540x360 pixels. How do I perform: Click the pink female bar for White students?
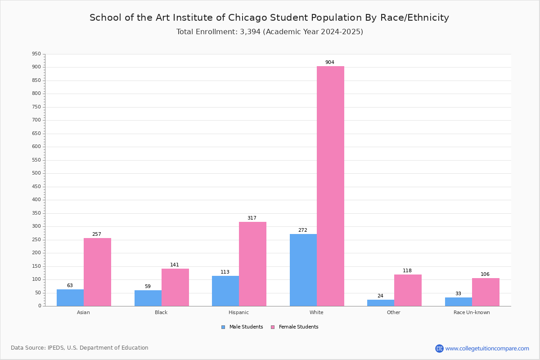click(330, 186)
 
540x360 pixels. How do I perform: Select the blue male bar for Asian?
click(70, 298)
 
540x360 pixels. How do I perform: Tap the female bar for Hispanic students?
click(252, 264)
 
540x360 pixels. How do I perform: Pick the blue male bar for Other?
click(381, 303)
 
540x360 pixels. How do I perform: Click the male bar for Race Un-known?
click(459, 302)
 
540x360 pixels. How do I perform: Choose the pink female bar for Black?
click(175, 288)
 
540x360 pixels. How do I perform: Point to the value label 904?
click(330, 62)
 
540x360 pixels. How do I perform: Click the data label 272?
click(303, 230)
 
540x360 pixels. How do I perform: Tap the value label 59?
click(148, 286)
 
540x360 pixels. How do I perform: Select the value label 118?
click(407, 270)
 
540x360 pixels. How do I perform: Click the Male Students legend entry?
click(242, 327)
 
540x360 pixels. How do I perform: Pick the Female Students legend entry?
click(295, 327)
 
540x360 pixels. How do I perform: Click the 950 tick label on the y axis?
click(36, 54)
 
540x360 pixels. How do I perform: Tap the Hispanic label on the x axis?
click(238, 312)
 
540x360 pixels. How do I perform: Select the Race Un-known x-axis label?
click(472, 312)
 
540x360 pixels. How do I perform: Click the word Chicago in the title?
click(247, 18)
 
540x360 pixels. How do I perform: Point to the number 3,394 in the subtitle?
click(250, 32)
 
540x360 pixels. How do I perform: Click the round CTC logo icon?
click(439, 348)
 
